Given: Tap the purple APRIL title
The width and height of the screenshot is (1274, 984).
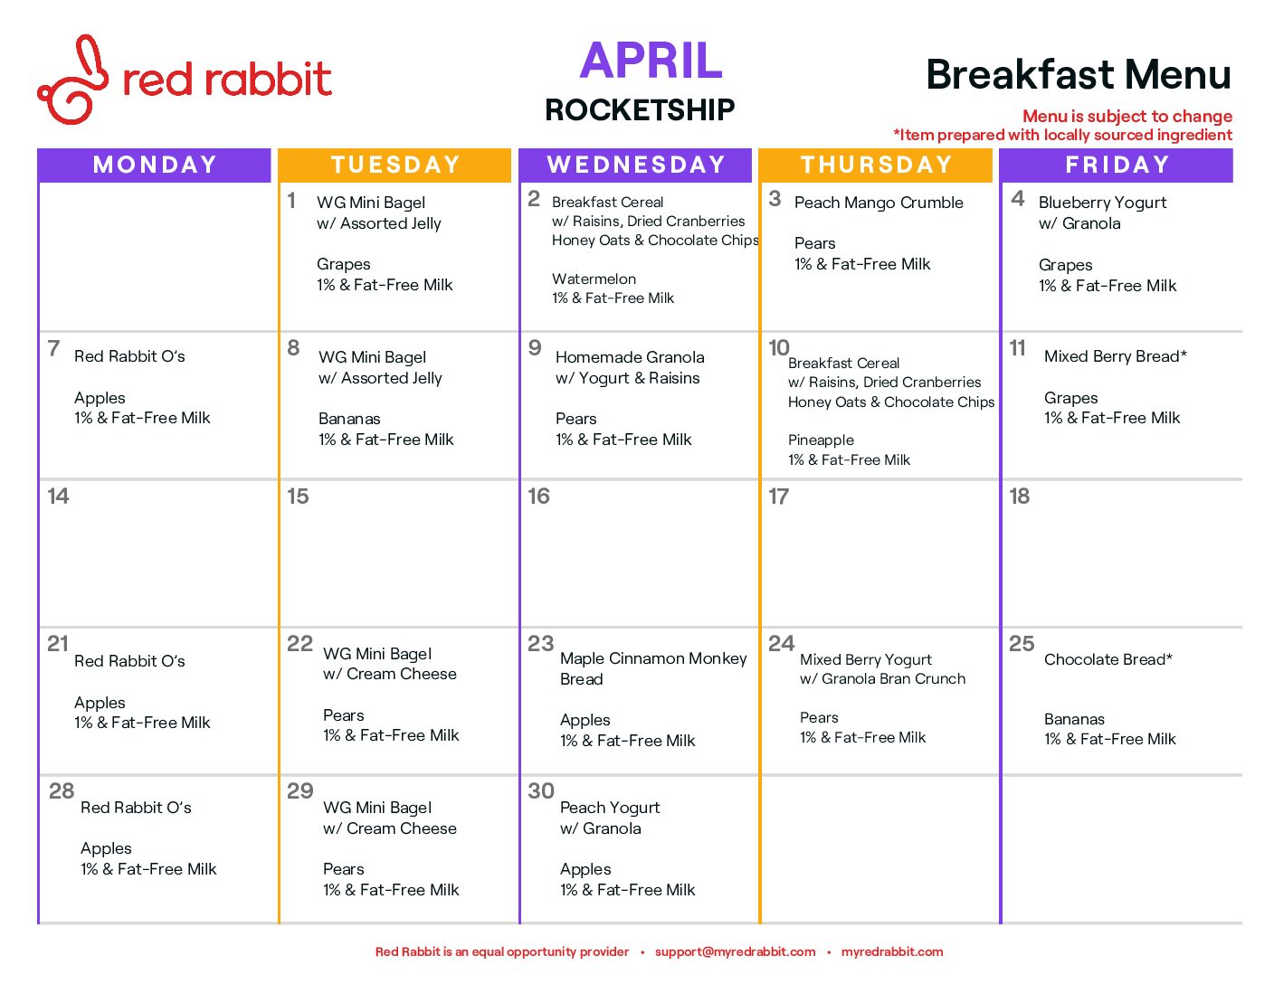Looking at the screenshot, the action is coord(651,60).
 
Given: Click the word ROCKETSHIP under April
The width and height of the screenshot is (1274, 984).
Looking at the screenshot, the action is coord(640,109).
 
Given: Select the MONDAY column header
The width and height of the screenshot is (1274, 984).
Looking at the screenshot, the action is coord(154,165).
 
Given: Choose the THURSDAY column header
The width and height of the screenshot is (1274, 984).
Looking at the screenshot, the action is coord(876,165).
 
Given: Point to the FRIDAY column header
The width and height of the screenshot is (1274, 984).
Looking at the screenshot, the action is coord(1117,165).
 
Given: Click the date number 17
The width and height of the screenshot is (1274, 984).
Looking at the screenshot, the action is coord(778,497).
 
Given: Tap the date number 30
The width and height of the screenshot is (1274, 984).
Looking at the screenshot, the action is coord(540,790).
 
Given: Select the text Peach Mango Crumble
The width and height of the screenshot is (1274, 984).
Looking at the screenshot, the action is coord(879,203).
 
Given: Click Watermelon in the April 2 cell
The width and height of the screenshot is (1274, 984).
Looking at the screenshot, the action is coord(594,279).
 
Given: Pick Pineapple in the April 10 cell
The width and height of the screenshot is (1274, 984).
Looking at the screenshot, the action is coord(820,440).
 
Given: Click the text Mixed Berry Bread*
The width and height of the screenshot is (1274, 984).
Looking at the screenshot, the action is coord(1115,356).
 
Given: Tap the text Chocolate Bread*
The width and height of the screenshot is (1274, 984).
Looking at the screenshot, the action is coord(1108,659).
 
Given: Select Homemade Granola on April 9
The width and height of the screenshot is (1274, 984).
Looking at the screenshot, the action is coord(630,357).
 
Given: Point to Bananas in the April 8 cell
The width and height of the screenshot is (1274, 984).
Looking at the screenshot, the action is coord(349,419).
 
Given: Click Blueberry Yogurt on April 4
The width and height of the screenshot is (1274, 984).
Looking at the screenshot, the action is coord(1102,203).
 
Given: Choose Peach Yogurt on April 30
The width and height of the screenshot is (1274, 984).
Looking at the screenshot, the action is coord(610,808).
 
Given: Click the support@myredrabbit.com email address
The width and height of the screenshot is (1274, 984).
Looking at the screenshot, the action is coord(735,951).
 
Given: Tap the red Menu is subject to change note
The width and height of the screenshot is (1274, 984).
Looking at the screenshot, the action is coord(1127,116).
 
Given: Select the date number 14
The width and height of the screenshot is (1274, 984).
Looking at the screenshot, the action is coord(58,497).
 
